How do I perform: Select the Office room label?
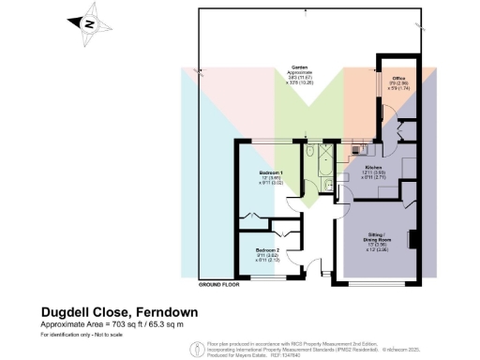coord(397,78)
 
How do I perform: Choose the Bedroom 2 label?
coord(268,250)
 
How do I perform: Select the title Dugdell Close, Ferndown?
coord(119,311)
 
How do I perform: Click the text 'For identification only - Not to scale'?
coord(90,335)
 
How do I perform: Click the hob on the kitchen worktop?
coord(357,148)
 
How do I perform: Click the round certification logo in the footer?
coord(195,350)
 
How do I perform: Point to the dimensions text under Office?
coord(397,87)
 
